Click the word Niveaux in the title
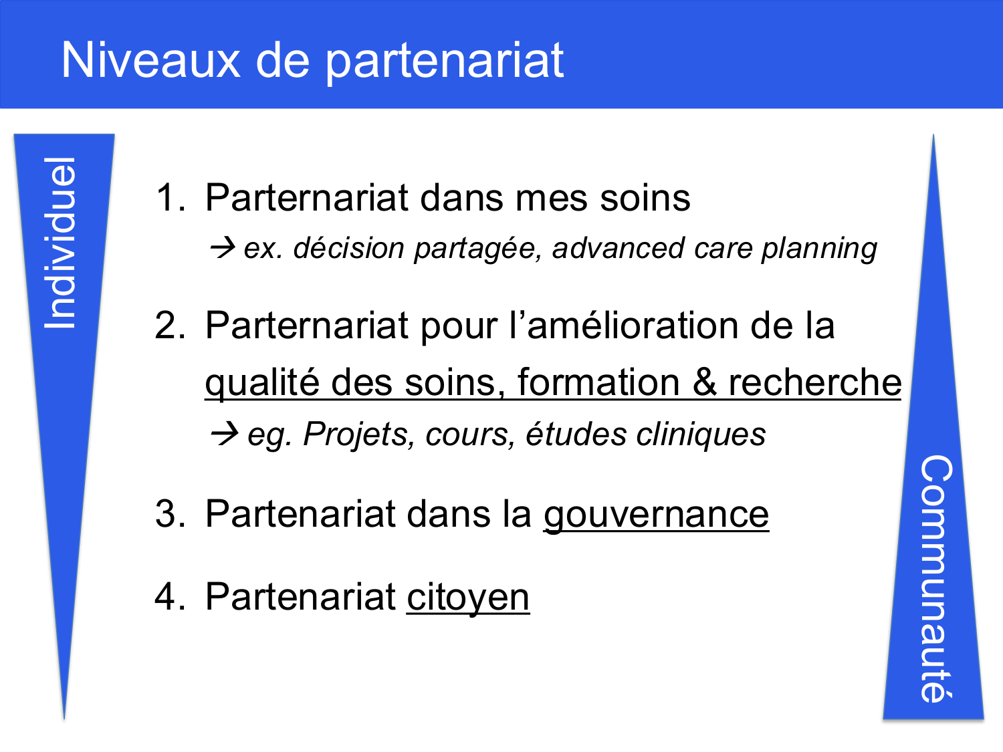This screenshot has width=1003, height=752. point(150,60)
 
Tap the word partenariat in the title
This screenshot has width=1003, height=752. point(445,61)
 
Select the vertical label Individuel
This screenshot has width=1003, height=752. point(60,243)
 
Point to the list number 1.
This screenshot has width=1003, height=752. point(169,198)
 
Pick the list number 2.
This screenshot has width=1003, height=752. point(169,326)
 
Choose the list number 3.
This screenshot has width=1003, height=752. point(169,514)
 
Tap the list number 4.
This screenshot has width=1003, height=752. point(169,596)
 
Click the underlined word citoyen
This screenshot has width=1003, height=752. point(467,597)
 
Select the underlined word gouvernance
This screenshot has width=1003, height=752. point(656,515)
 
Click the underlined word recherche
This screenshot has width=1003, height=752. point(814,383)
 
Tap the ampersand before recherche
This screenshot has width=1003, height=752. point(704,383)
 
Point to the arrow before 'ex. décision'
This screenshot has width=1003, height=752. point(222,249)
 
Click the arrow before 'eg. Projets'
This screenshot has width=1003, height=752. point(223,434)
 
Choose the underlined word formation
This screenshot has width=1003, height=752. point(598,383)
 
